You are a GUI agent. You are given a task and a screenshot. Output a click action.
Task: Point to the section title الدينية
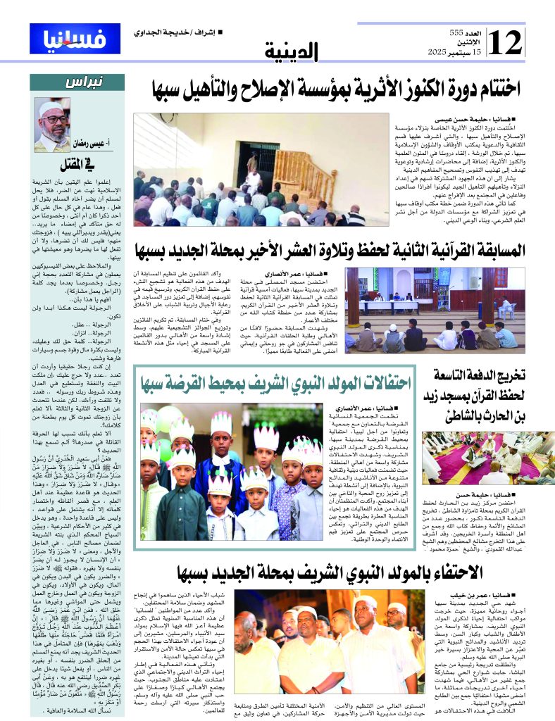tap(292, 51)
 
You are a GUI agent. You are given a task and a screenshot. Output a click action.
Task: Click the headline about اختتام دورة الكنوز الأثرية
tap(336, 89)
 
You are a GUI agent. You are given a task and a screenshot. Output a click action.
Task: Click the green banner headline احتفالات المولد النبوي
tap(275, 384)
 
